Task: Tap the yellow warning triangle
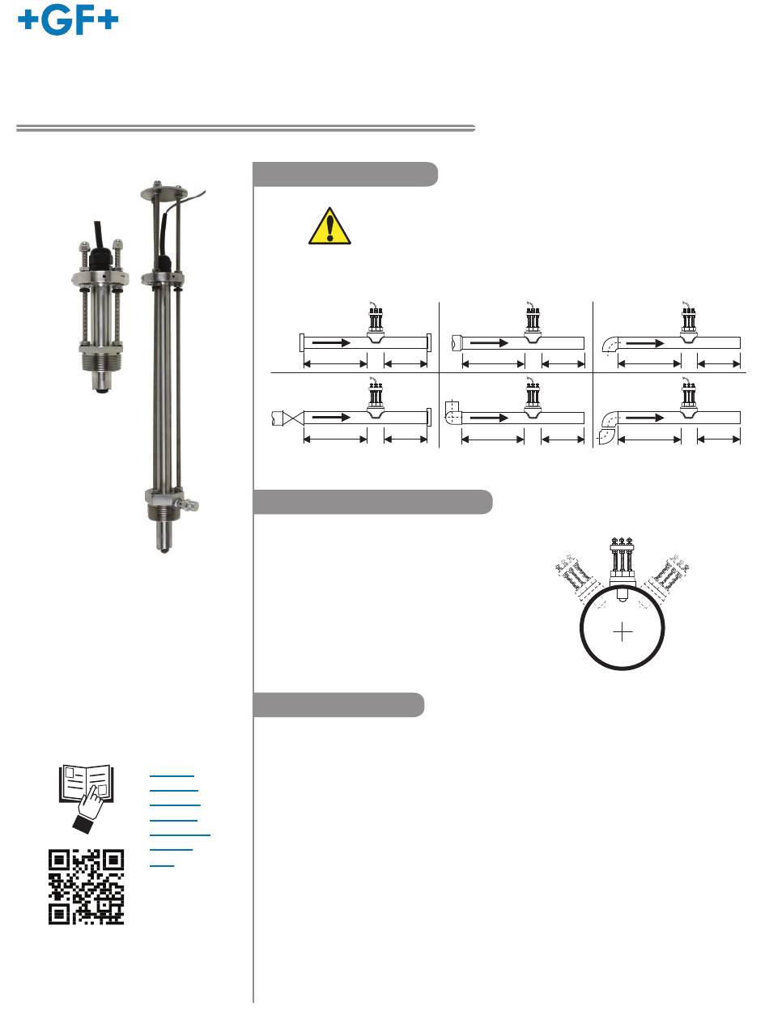pos(329,227)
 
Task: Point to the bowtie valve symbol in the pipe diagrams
pos(293,418)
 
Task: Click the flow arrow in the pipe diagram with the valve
pos(331,417)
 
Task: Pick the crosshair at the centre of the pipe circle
pos(622,631)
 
